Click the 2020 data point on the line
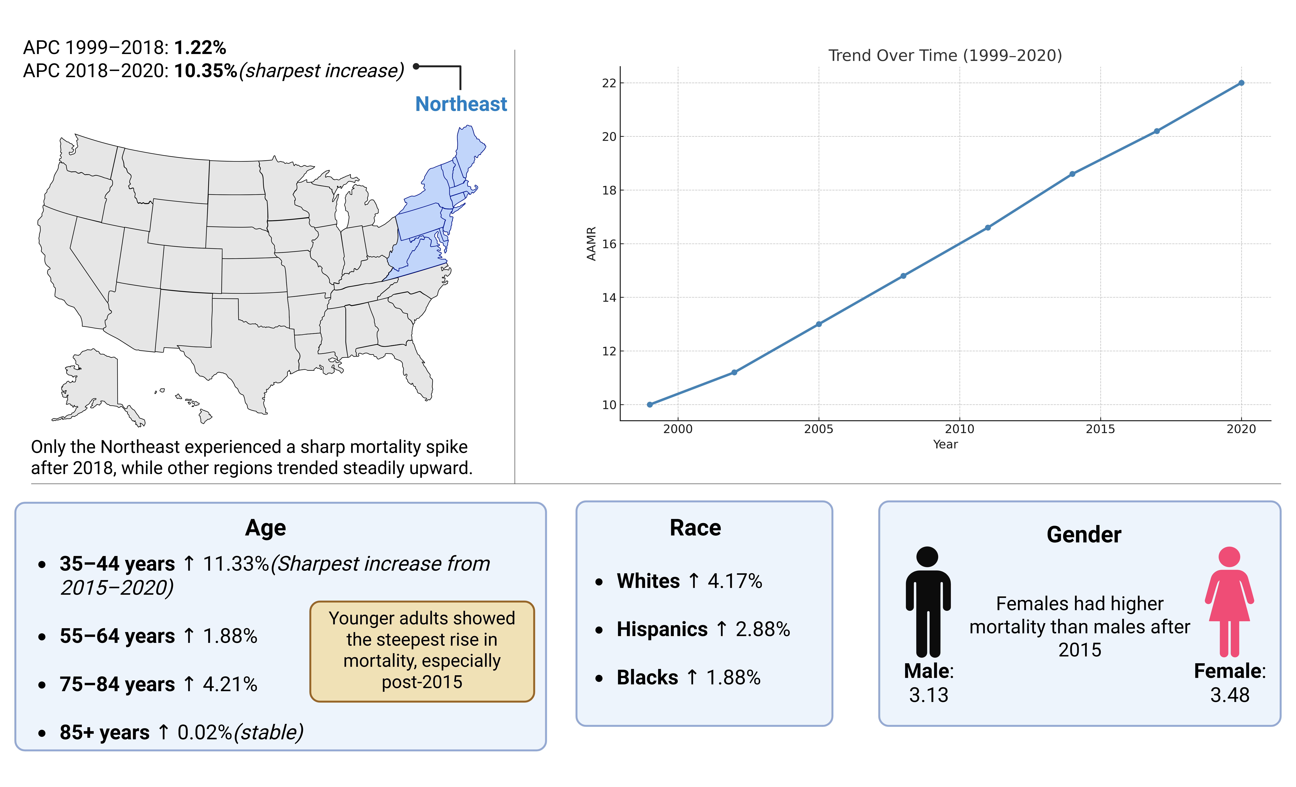click(x=1241, y=83)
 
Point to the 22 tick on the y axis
click(x=609, y=83)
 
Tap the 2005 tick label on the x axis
click(x=818, y=429)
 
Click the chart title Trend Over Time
click(x=945, y=55)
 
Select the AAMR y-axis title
click(x=591, y=244)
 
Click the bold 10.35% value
click(x=206, y=71)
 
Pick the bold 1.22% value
click(x=200, y=47)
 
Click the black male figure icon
click(x=928, y=602)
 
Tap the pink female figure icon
click(x=1229, y=602)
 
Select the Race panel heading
click(x=695, y=528)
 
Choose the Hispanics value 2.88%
click(x=763, y=629)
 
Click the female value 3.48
click(x=1230, y=695)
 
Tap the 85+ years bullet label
click(x=105, y=732)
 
